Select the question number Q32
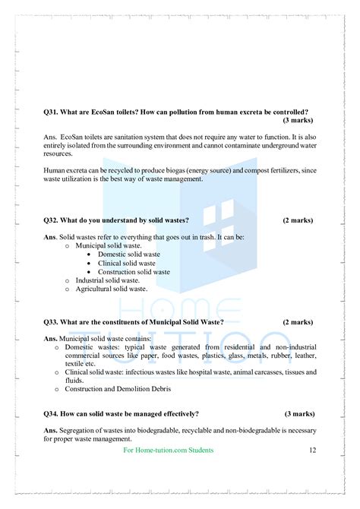click(52, 220)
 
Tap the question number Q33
click(52, 322)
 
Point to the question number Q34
click(52, 413)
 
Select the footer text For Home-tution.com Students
click(168, 451)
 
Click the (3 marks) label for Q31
click(298, 121)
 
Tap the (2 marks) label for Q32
click(298, 220)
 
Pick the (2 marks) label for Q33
click(298, 322)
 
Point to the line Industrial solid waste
click(108, 280)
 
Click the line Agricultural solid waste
click(111, 289)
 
